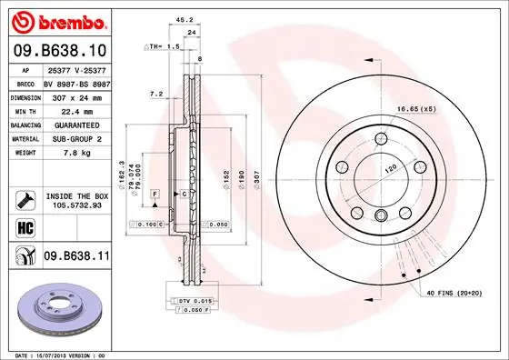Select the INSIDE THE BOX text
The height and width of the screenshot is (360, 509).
76,195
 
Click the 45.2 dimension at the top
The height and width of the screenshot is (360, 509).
182,19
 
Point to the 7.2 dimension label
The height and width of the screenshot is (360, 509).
155,93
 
